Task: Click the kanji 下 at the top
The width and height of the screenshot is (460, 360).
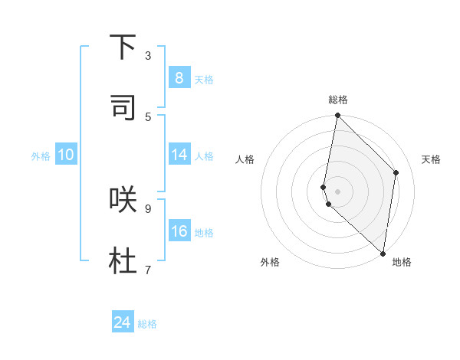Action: (123, 47)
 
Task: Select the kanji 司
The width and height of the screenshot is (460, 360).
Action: (123, 107)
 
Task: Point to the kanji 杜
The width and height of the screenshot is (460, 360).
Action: (123, 260)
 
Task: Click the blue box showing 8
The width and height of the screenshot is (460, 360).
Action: (179, 78)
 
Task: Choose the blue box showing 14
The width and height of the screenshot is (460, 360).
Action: (179, 155)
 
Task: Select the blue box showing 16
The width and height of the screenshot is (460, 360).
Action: (179, 231)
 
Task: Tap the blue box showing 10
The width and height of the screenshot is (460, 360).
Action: (66, 155)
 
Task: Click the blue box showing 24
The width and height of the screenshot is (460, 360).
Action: (123, 322)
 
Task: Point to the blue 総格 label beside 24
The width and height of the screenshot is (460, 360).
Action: (147, 324)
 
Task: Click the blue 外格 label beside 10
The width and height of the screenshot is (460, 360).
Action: (41, 156)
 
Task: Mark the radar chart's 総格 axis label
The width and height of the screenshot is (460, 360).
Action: (338, 100)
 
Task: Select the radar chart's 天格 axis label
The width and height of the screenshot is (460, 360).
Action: (431, 159)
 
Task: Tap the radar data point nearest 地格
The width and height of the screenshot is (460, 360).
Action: (383, 253)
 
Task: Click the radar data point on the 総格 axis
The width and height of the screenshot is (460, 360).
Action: (337, 116)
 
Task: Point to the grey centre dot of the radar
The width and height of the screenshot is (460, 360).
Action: (337, 191)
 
